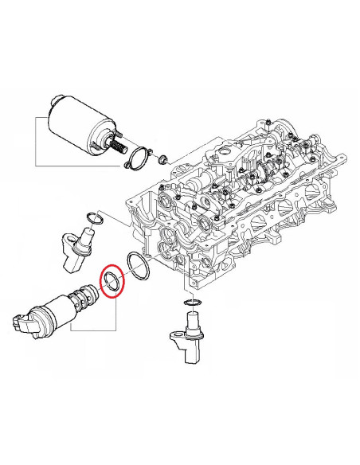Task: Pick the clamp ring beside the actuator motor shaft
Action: (139, 159)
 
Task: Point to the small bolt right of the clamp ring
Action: (162, 157)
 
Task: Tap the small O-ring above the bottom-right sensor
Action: (191, 303)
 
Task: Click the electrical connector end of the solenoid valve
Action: (26, 322)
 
